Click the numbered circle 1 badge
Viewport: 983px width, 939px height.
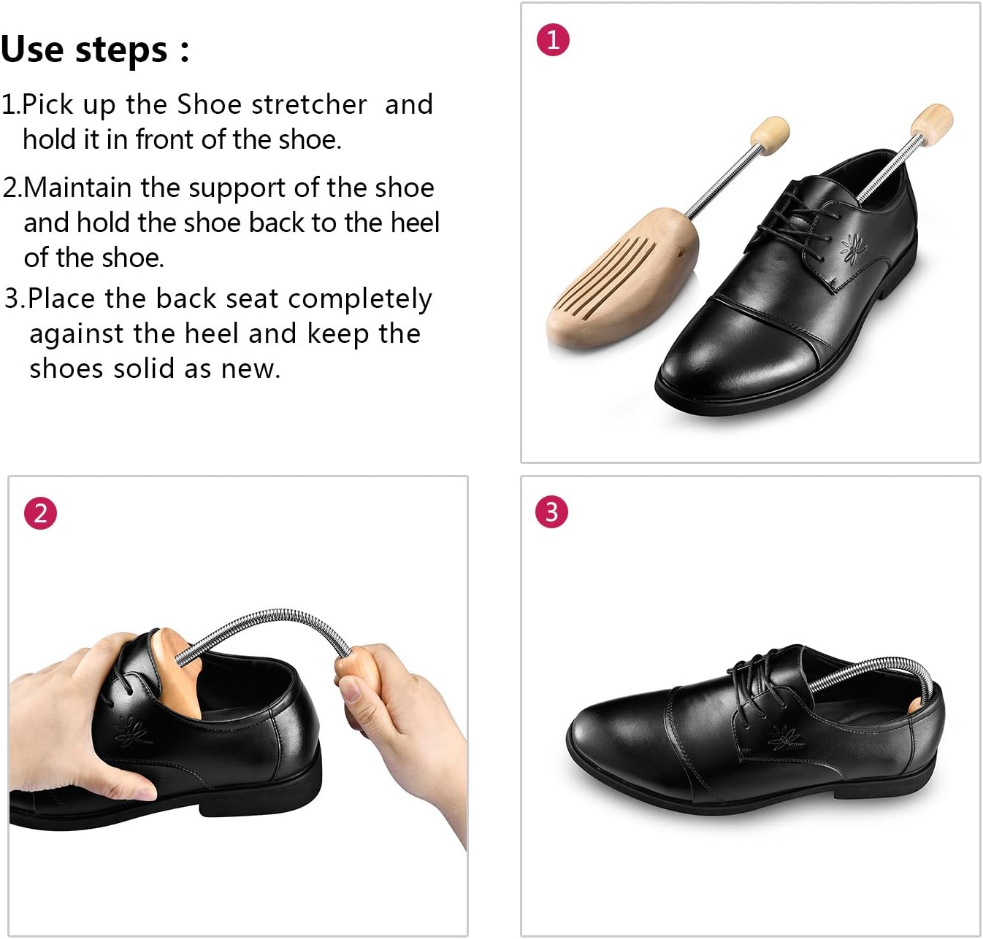[553, 39]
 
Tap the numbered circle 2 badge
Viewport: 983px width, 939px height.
[40, 513]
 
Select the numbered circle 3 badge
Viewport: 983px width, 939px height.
[551, 511]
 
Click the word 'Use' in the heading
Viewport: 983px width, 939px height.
[33, 50]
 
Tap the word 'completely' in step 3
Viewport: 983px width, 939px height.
[359, 300]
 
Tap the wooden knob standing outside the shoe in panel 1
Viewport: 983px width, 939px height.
[770, 136]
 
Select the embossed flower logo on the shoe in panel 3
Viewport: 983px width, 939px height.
[786, 740]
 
